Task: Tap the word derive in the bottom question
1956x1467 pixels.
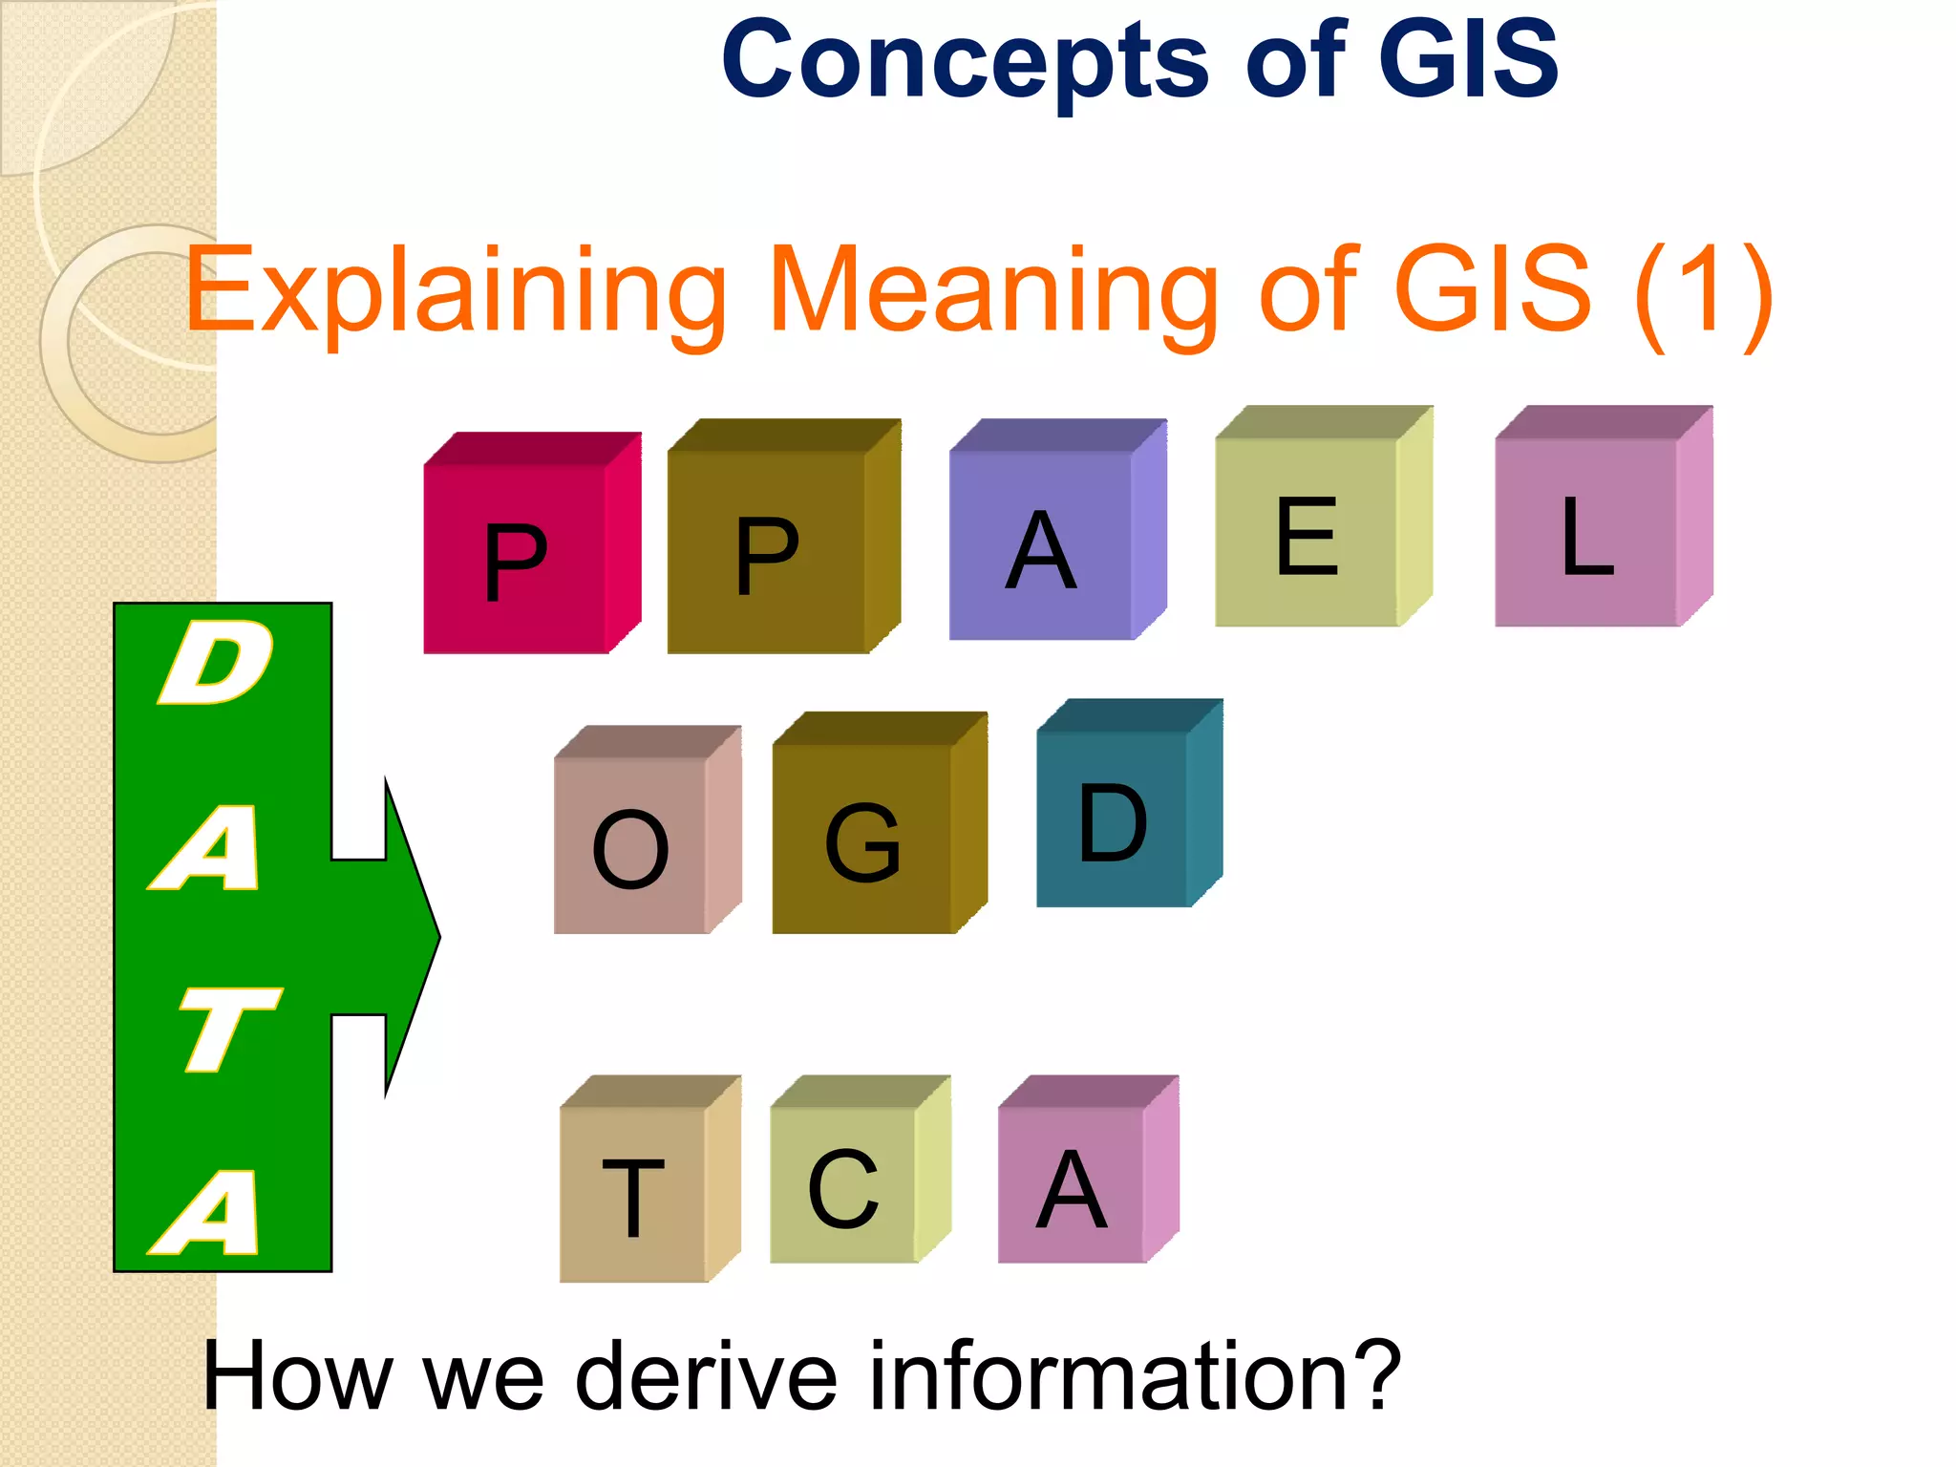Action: coord(707,1375)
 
